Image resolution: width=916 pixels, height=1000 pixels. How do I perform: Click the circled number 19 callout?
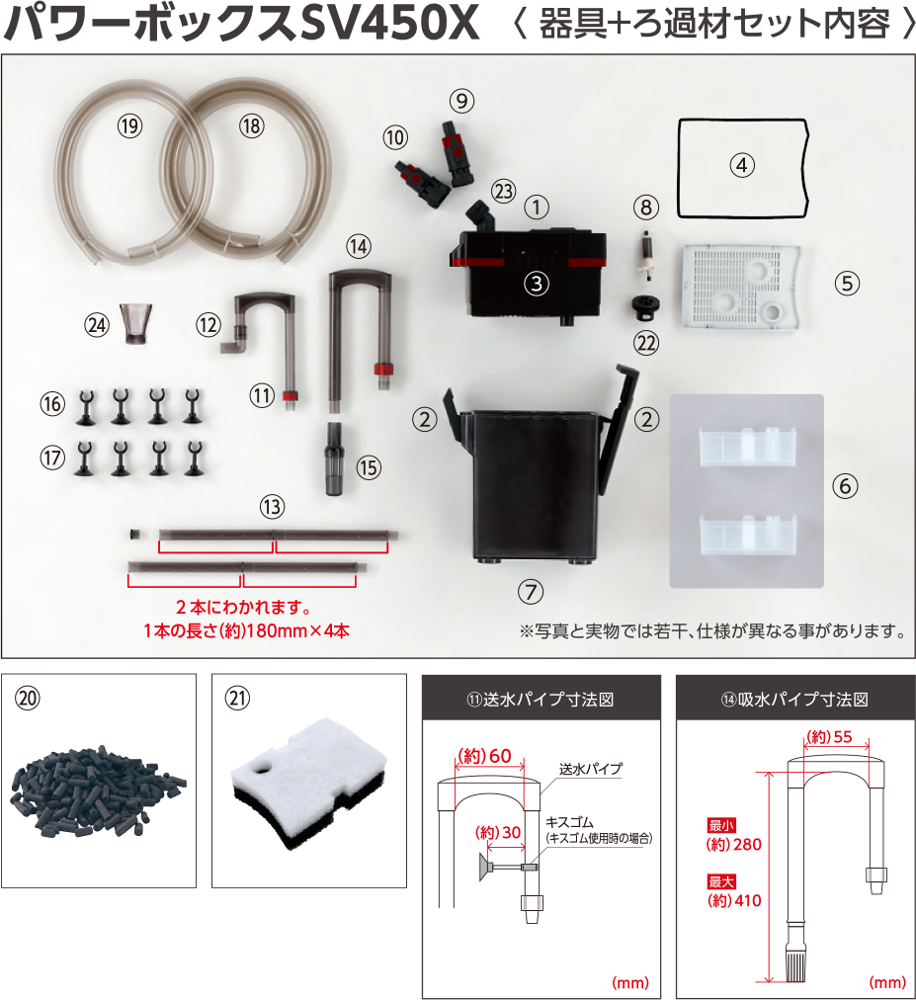(130, 125)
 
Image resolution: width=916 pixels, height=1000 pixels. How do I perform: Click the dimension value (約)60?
(484, 756)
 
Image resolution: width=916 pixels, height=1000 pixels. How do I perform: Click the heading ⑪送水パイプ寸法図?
(541, 700)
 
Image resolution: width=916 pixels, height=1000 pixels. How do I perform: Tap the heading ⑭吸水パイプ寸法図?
(794, 700)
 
